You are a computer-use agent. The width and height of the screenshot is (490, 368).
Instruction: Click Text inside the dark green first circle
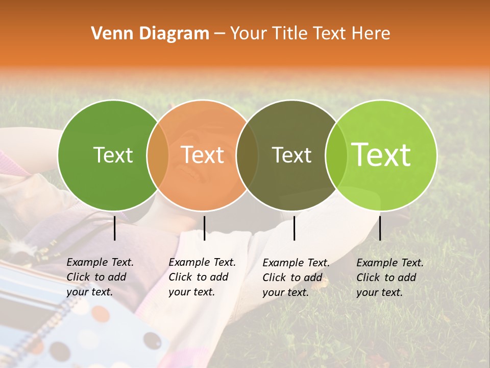[113, 155]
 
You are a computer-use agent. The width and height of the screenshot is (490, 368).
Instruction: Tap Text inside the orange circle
[203, 155]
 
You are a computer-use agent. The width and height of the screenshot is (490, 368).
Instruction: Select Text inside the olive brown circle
[291, 155]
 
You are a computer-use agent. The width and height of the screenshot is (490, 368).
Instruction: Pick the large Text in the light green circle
[381, 155]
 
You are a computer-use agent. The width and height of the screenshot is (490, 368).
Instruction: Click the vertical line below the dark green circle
[114, 228]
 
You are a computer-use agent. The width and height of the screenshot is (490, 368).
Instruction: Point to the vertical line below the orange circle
[204, 228]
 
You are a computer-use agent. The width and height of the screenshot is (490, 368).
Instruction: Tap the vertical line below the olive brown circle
[294, 228]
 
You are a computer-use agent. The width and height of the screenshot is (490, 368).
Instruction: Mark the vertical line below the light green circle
[380, 228]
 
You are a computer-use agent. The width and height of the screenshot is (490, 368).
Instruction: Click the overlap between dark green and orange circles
[158, 155]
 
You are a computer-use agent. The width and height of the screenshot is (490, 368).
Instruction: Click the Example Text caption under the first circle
[100, 277]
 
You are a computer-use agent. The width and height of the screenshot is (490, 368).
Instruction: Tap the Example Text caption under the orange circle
[202, 277]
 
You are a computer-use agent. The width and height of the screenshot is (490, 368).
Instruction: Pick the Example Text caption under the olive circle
[296, 278]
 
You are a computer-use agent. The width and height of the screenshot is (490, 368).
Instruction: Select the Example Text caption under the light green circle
[390, 278]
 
